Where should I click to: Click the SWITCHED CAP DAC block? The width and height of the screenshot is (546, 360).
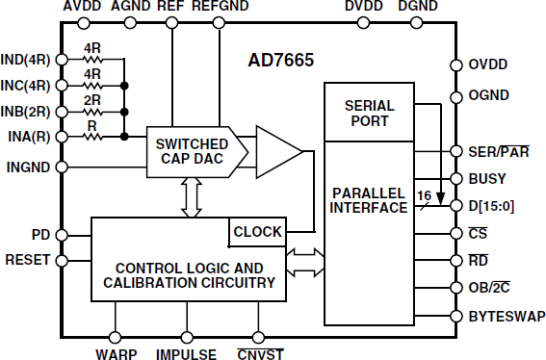point(191,151)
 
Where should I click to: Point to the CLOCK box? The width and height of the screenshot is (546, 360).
point(257,231)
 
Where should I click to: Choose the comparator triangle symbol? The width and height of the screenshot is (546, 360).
point(277,151)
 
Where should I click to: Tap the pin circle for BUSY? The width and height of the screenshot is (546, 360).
point(455,178)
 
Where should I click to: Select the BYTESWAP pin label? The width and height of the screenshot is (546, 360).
point(506,316)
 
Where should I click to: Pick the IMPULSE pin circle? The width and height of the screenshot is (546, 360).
point(186,337)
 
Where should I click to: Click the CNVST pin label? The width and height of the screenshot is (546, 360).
point(258,353)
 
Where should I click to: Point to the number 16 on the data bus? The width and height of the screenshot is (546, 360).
point(421,194)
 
